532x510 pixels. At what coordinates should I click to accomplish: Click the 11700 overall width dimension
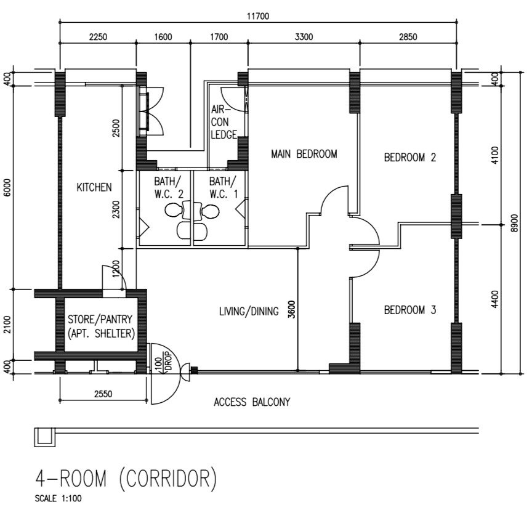click(x=258, y=16)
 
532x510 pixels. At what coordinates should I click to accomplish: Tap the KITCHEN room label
click(x=94, y=187)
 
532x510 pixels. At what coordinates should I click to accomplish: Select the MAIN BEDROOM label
click(x=304, y=154)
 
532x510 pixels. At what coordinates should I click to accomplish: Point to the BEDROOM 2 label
click(x=410, y=157)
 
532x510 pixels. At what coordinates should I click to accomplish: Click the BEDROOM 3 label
click(x=410, y=310)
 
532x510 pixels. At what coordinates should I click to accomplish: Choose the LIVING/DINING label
click(x=249, y=311)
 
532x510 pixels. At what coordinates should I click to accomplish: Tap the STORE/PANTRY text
click(x=100, y=319)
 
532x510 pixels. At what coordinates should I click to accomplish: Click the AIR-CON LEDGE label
click(x=224, y=122)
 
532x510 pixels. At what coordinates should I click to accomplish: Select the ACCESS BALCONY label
click(x=252, y=402)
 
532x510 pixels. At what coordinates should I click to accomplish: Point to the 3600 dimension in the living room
click(x=292, y=309)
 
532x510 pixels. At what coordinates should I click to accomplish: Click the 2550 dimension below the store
click(x=103, y=394)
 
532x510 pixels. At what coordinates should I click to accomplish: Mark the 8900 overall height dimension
click(x=514, y=223)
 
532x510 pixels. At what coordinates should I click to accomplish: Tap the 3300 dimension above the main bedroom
click(x=304, y=36)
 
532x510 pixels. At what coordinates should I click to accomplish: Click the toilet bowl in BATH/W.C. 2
click(x=174, y=211)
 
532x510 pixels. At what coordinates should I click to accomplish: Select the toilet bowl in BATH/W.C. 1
click(x=211, y=212)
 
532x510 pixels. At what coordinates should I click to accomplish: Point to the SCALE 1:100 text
click(x=58, y=498)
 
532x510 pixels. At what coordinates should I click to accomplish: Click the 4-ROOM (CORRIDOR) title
click(x=126, y=479)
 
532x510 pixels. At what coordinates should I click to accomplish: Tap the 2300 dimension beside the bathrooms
click(x=116, y=209)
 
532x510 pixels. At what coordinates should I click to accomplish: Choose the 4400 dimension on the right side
click(x=495, y=299)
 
